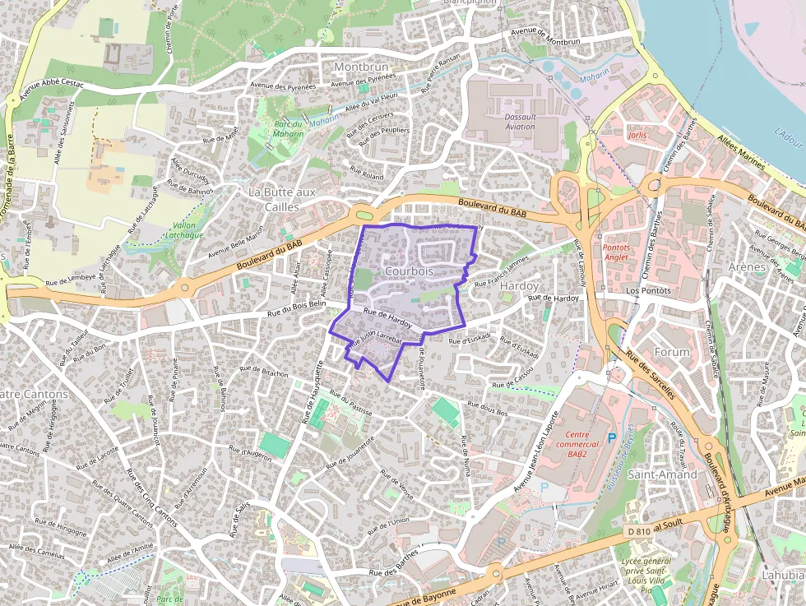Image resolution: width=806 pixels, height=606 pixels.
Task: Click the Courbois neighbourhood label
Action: point(409,271)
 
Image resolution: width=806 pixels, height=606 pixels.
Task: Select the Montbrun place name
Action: point(360,66)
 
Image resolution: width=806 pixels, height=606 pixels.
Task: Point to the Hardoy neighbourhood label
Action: point(519,284)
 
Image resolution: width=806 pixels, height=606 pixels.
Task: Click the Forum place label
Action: point(672,352)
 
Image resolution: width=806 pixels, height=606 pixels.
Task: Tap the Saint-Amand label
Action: point(662,474)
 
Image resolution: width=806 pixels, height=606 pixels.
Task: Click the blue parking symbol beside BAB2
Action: point(611,438)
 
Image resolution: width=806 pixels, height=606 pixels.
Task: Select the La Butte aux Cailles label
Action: point(282,199)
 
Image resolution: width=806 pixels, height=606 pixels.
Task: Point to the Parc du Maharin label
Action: point(289,128)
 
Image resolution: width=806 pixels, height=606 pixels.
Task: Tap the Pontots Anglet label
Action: point(627,252)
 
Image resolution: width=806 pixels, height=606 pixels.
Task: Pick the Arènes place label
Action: point(747,267)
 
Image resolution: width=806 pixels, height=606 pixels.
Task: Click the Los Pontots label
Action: point(649,290)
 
